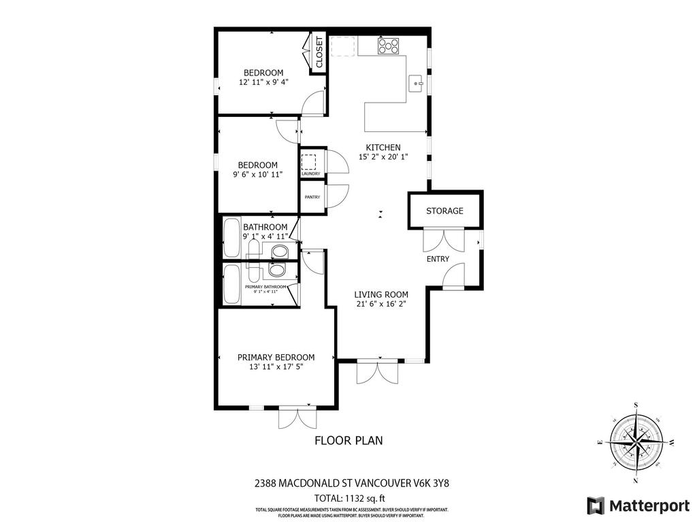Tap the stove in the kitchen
coord(389,46)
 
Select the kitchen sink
coord(415,84)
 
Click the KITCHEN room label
coord(383,147)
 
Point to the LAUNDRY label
coord(311,174)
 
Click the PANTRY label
coord(312,197)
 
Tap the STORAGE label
coord(444,211)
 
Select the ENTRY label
coord(438,259)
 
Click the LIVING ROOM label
coord(381,294)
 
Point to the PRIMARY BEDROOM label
coord(276,357)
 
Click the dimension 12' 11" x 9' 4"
coord(263,82)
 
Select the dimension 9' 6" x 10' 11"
coord(257,175)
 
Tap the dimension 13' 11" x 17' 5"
coord(276,367)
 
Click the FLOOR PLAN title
coord(348,440)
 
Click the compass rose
coord(636,442)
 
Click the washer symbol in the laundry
coord(310,162)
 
